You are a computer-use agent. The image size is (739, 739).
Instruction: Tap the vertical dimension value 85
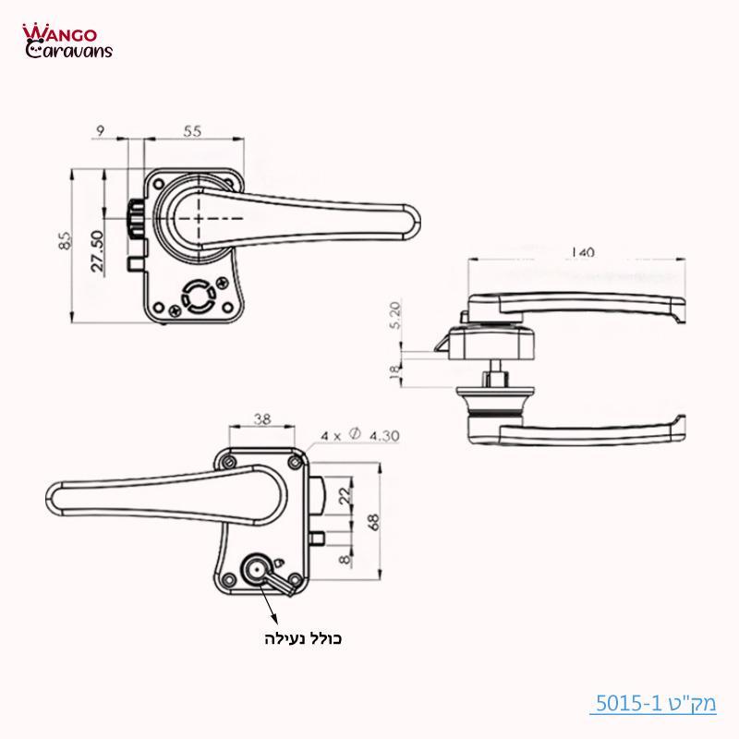coord(64,241)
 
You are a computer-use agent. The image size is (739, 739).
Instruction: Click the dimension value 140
coord(583,251)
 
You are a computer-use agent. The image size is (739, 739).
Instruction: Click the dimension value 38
coord(261,418)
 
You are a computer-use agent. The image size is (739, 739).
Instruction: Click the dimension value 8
coord(345,559)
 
